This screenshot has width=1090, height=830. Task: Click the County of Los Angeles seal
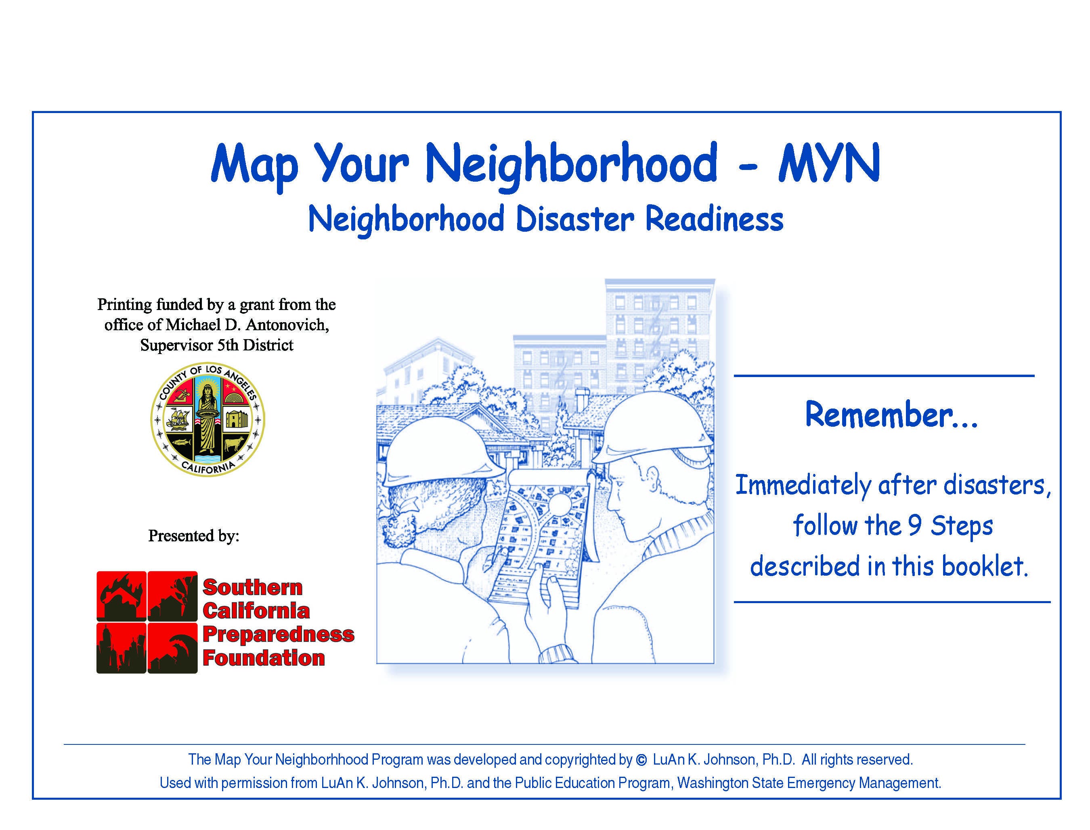(x=208, y=420)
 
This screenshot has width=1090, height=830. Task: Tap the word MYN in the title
(x=829, y=163)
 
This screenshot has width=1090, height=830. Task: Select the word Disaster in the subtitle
(x=574, y=219)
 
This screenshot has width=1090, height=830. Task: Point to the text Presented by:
(x=194, y=536)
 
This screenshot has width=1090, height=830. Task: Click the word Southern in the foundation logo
(x=252, y=587)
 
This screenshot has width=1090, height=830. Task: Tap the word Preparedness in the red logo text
(x=278, y=634)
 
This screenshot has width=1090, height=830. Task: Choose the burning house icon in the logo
(x=122, y=596)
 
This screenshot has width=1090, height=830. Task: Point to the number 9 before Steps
(x=915, y=526)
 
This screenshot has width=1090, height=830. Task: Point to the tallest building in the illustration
(x=660, y=336)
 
